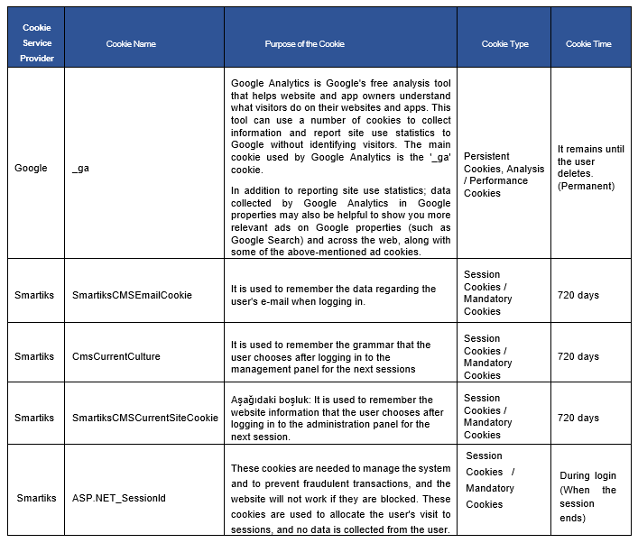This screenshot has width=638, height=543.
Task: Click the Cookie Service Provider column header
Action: click(37, 43)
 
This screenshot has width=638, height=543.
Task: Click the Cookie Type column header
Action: click(504, 43)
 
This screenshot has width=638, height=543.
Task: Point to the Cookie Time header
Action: click(588, 43)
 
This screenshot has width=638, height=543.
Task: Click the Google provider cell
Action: click(31, 168)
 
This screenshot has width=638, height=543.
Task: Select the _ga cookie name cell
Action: click(80, 168)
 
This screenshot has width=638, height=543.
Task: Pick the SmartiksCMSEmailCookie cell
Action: click(132, 295)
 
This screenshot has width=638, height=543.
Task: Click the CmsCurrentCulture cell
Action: click(116, 356)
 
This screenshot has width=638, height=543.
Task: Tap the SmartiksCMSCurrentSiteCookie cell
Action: click(144, 418)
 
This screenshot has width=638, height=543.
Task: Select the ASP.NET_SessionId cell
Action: click(118, 497)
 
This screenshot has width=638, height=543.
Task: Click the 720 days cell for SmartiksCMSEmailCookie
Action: click(578, 295)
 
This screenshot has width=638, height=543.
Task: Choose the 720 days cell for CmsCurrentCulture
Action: click(578, 356)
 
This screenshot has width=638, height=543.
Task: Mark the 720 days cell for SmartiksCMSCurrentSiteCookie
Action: click(578, 418)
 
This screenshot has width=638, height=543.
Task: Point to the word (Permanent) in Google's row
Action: click(586, 186)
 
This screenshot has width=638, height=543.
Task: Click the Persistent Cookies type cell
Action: click(504, 168)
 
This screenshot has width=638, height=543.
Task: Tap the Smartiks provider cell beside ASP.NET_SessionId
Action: click(36, 497)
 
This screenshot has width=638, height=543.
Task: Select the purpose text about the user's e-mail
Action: click(333, 295)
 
